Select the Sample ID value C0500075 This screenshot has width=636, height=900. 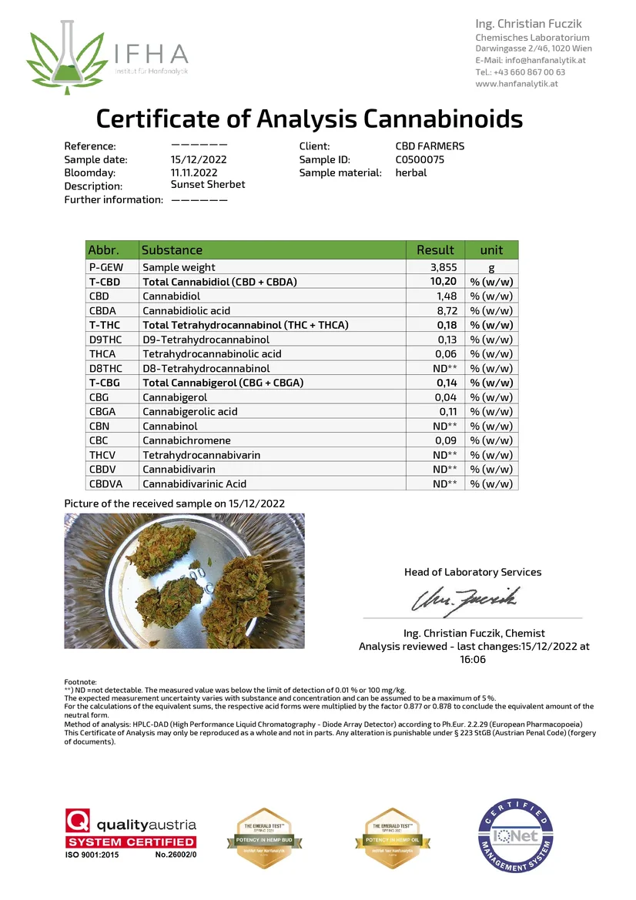[x=420, y=159]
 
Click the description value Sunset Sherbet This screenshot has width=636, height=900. [x=208, y=185]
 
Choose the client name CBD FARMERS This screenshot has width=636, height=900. [x=430, y=146]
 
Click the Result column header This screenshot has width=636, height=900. [x=435, y=249]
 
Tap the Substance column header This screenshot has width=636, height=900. [x=172, y=249]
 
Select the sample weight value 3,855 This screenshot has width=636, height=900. [x=444, y=267]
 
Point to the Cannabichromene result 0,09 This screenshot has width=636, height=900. [x=447, y=440]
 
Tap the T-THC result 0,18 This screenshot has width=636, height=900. [x=447, y=325]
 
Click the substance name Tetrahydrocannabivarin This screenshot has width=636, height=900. [x=202, y=455]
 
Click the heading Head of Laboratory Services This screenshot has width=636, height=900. [x=473, y=572]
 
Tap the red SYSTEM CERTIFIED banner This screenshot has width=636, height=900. [x=144, y=841]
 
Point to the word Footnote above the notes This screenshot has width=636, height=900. [x=80, y=682]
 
